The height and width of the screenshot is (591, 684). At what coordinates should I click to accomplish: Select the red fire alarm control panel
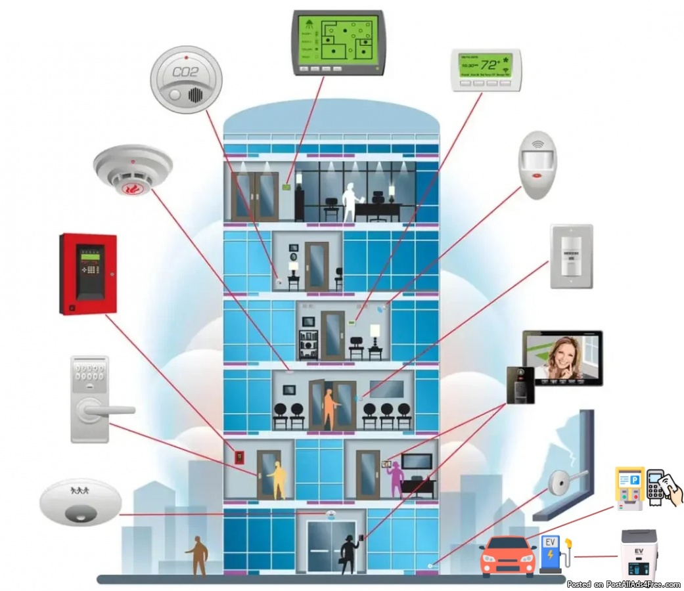88,273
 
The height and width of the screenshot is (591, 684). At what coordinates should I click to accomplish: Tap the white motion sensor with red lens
537,164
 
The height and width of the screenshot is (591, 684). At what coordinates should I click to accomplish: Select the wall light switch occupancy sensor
571,256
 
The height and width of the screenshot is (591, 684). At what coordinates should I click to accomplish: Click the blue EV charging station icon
551,554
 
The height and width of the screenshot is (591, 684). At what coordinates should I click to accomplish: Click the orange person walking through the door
329,408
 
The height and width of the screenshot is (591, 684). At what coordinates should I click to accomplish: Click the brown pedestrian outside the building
197,555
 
